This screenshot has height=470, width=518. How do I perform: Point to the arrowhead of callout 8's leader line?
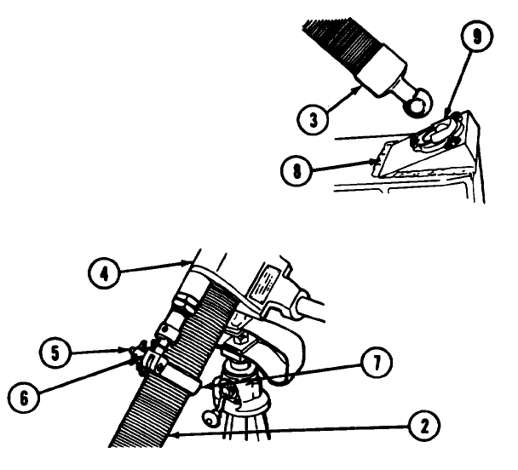click(x=374, y=158)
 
